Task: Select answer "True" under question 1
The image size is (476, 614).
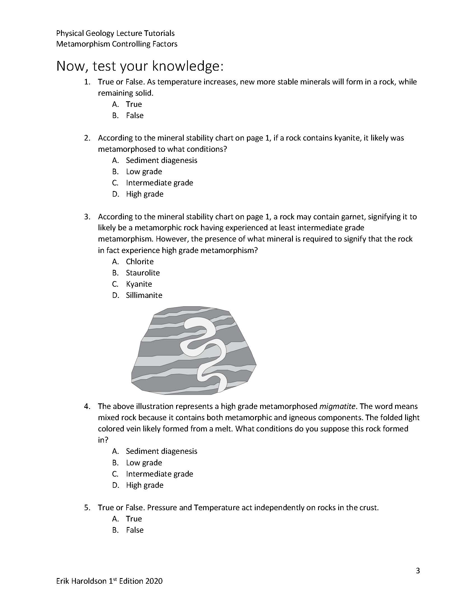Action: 134,104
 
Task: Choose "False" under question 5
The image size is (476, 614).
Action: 134,530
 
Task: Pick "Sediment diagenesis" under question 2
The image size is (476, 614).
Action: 161,160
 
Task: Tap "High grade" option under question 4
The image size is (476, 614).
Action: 144,485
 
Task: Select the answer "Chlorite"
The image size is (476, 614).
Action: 139,261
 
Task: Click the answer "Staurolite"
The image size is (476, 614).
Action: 143,273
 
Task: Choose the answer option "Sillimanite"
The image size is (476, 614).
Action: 144,295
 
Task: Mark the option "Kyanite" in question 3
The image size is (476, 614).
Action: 139,284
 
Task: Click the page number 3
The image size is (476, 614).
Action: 418,571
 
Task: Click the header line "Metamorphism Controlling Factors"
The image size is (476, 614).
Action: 117,44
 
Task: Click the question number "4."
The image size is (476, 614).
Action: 87,406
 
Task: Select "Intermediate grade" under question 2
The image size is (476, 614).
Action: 159,183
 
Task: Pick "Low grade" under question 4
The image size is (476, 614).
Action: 144,463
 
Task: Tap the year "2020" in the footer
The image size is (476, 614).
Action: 154,581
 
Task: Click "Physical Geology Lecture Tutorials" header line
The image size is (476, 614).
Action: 115,33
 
